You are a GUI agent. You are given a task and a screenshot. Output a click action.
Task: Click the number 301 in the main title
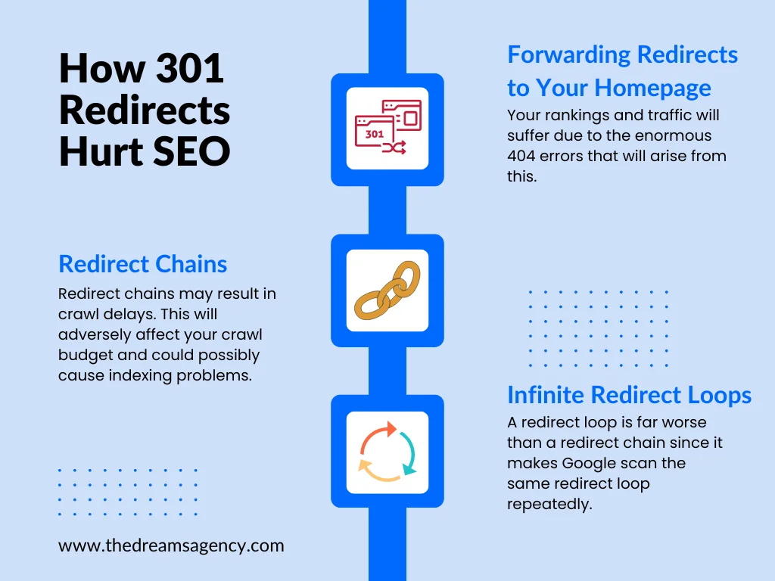(x=190, y=69)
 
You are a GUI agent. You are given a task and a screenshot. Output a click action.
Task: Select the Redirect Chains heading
(x=142, y=264)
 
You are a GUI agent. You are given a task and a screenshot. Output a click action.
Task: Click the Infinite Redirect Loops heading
(x=629, y=395)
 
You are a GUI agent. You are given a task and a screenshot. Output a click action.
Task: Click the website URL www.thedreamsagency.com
(x=171, y=545)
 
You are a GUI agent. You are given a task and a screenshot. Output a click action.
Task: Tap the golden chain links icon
(x=387, y=290)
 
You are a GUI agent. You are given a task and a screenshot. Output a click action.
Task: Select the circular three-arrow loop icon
(x=387, y=452)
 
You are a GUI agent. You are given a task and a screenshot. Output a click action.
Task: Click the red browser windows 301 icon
(x=387, y=127)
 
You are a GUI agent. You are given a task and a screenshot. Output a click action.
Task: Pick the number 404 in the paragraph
(x=523, y=157)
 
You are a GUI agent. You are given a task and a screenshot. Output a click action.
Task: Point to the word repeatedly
(x=549, y=504)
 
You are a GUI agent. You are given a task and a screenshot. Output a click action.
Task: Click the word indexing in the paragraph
(x=143, y=375)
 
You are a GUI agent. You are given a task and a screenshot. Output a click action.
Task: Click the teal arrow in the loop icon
(x=409, y=454)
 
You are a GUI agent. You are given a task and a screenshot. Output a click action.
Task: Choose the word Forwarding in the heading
(x=569, y=54)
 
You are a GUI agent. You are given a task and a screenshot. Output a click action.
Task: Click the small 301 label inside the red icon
(x=375, y=134)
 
